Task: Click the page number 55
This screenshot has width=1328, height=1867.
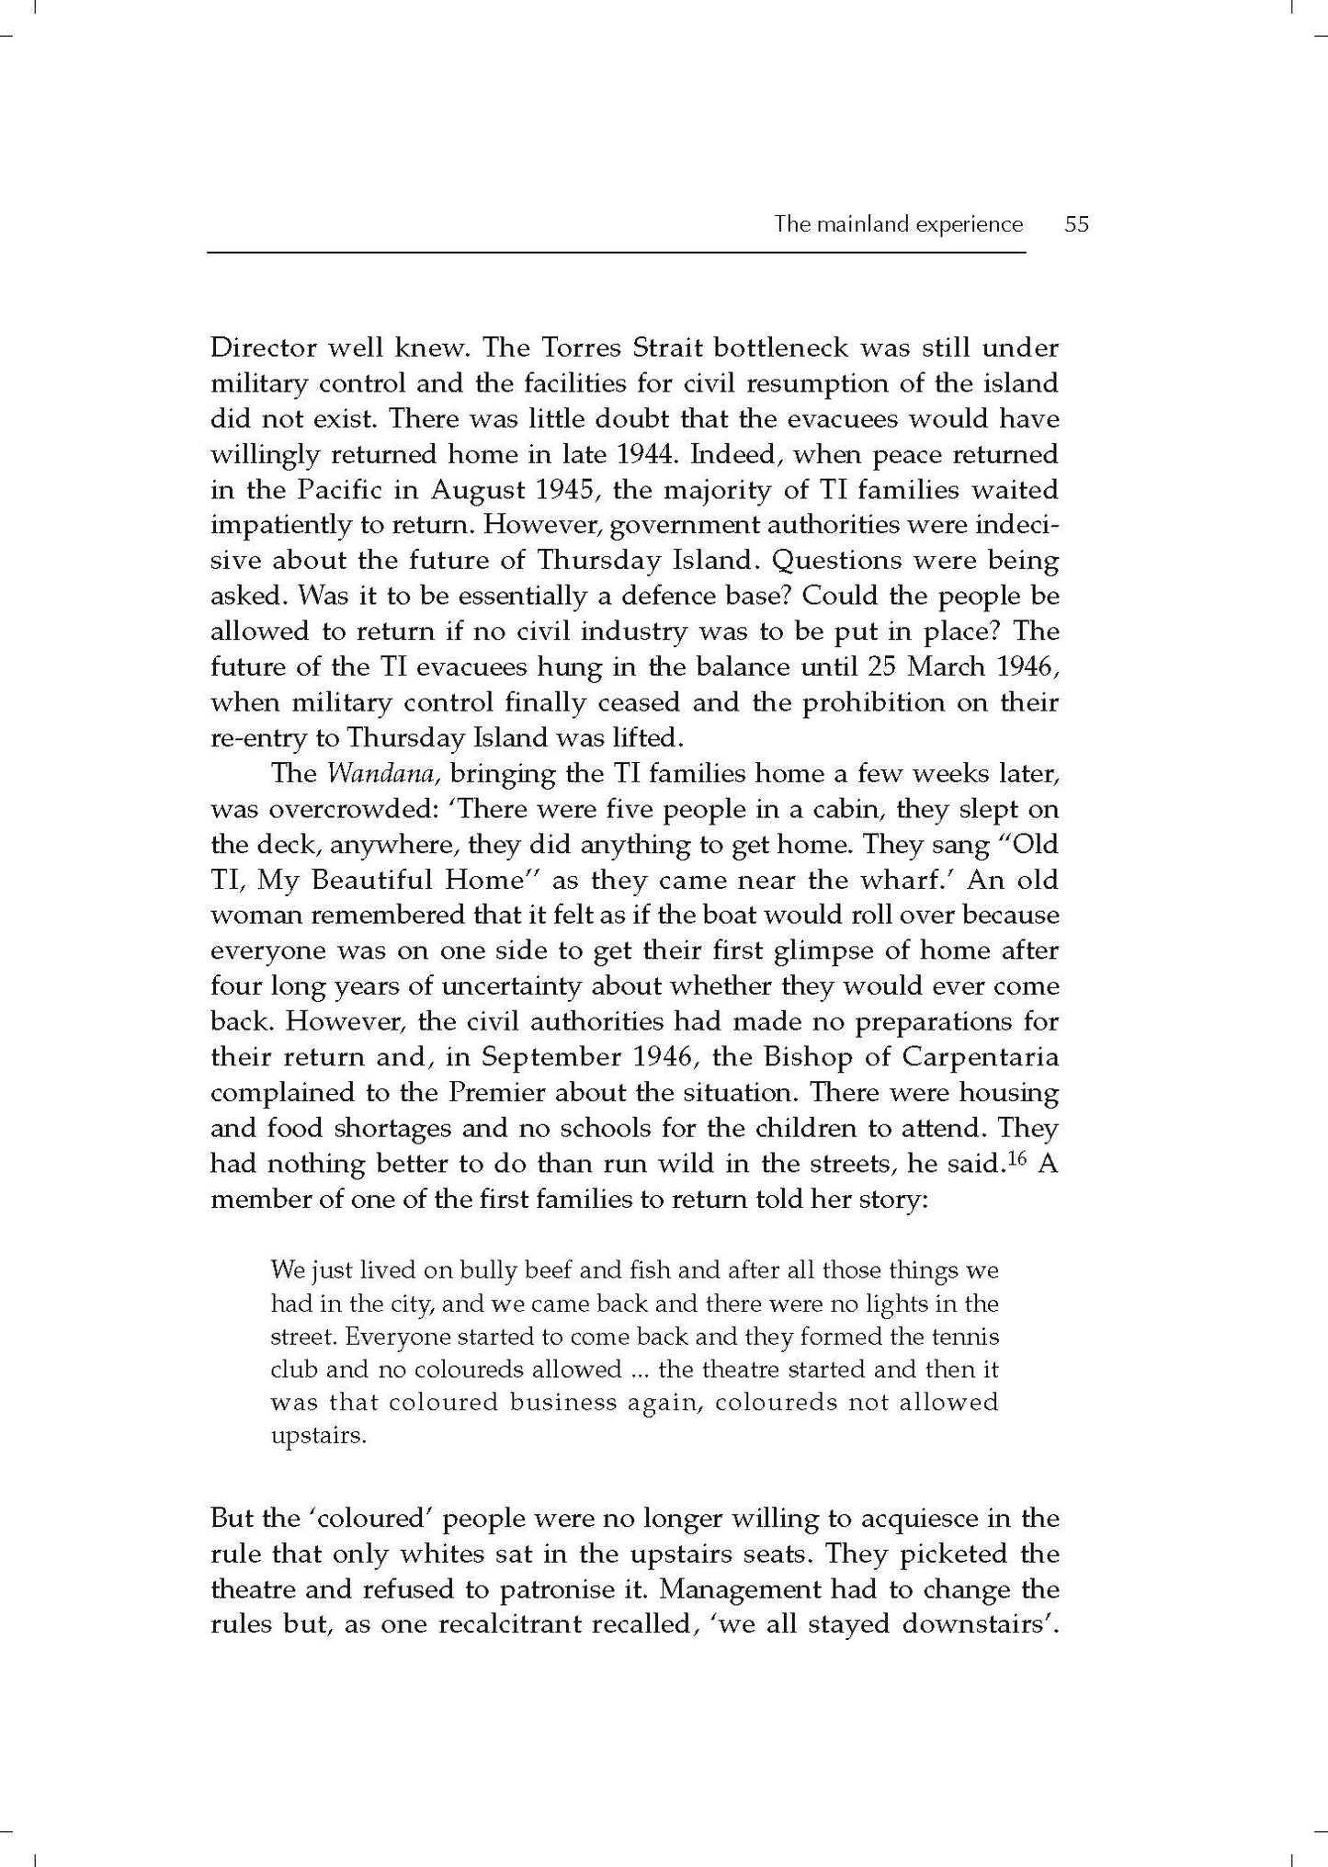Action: (1075, 224)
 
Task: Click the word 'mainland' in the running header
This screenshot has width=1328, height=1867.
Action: (858, 224)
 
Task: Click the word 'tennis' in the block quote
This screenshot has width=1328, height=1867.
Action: (968, 1337)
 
